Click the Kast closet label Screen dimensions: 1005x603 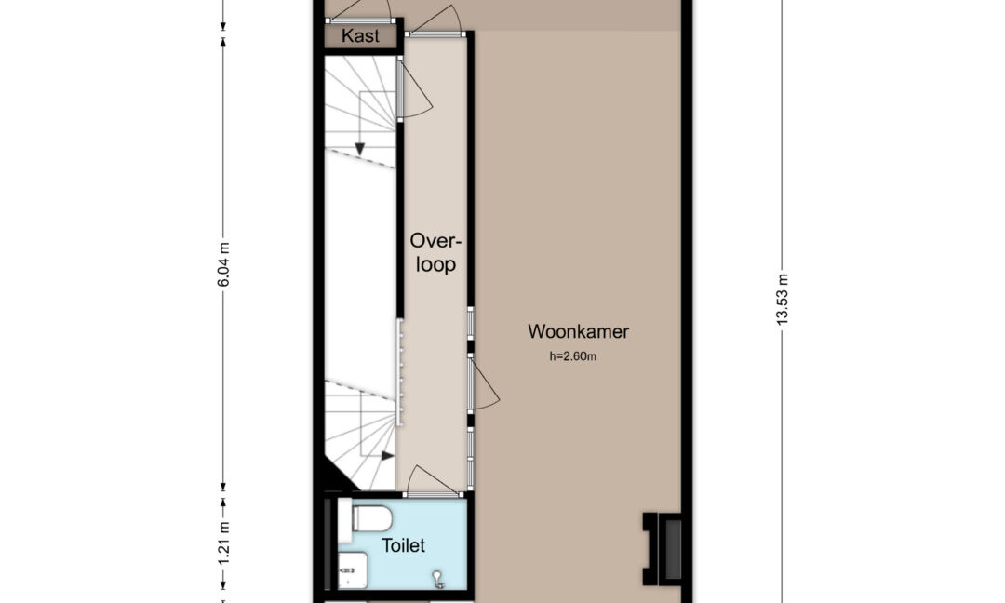click(x=360, y=36)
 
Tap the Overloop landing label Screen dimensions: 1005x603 click(x=435, y=252)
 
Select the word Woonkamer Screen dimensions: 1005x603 click(x=578, y=331)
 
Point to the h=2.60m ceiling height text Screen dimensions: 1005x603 click(x=572, y=356)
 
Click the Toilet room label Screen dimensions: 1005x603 click(x=403, y=545)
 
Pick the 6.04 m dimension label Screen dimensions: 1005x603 click(x=223, y=264)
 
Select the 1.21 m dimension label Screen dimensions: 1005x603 click(x=223, y=544)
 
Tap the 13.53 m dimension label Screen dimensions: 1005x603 click(x=783, y=300)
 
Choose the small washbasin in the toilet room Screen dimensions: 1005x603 click(x=353, y=569)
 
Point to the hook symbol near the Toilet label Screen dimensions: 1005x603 click(x=438, y=579)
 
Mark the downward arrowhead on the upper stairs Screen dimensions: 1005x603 click(x=359, y=149)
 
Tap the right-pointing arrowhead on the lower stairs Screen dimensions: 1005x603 click(x=388, y=456)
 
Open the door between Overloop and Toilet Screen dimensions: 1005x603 click(x=434, y=480)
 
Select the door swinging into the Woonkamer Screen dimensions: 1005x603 click(x=484, y=383)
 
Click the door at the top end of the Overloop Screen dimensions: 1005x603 click(x=434, y=20)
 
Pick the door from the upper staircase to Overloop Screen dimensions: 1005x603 click(x=415, y=88)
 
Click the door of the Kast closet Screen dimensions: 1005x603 click(x=359, y=11)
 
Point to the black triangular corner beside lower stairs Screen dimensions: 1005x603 click(x=335, y=475)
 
